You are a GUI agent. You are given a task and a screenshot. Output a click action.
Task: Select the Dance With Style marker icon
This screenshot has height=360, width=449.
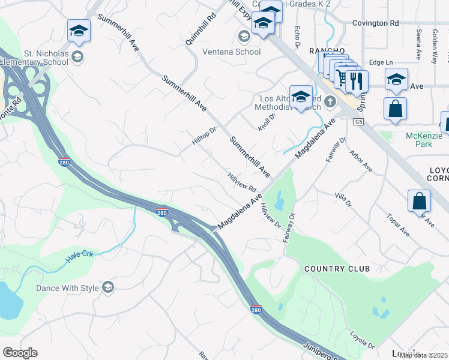[108, 287]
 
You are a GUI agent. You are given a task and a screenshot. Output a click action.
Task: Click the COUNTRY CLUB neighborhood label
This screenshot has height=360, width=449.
[337, 268]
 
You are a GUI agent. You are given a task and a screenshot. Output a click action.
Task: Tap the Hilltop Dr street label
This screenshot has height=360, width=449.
[203, 139]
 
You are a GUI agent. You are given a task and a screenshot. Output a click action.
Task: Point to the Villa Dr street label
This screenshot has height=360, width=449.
[342, 199]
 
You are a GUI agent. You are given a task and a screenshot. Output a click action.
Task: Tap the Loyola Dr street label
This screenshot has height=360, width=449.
[362, 341]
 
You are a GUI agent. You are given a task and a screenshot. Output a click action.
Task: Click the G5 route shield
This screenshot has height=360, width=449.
[358, 122]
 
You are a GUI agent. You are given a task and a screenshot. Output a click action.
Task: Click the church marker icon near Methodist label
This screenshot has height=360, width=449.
[330, 103]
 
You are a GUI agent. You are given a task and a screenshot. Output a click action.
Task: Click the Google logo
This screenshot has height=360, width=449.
[20, 353]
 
